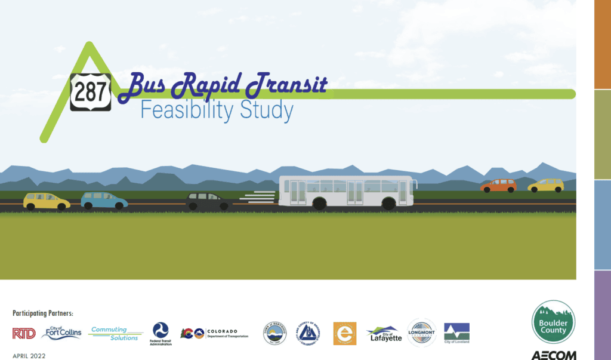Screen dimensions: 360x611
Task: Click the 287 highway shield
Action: (x=91, y=92)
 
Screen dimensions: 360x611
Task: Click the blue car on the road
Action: (x=104, y=201)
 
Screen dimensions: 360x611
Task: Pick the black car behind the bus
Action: (x=207, y=201)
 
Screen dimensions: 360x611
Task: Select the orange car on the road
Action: (x=498, y=186)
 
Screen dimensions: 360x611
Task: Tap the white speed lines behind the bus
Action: (x=258, y=196)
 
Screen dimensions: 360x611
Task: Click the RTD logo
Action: (x=24, y=333)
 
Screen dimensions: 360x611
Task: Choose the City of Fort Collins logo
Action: (x=61, y=333)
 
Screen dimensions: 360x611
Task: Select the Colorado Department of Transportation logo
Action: (x=214, y=333)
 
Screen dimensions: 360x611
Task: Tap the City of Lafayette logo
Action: (x=384, y=333)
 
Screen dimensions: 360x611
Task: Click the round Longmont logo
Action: (x=422, y=333)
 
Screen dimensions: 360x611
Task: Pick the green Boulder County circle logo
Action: (x=553, y=322)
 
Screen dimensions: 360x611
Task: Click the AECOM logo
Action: (x=553, y=355)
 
